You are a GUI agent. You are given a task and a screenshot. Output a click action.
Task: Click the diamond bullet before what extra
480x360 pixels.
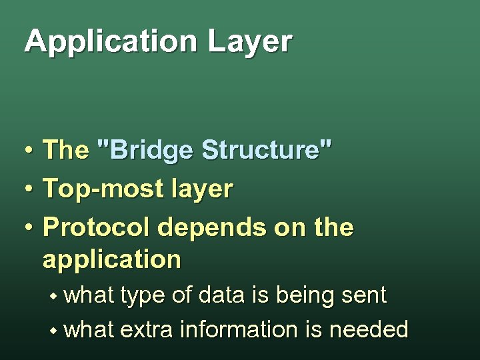59,329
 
